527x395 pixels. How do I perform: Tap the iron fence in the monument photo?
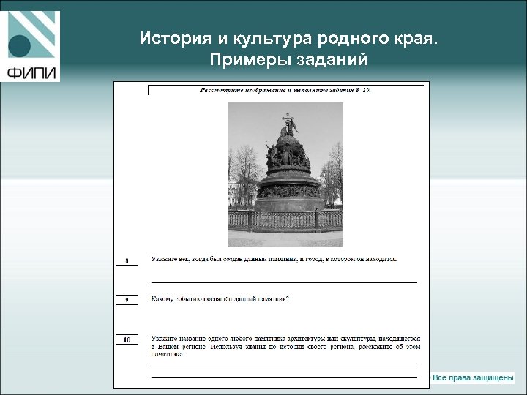click(x=285, y=219)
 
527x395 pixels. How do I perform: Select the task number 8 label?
click(x=127, y=260)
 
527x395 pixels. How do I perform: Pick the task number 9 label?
click(x=127, y=300)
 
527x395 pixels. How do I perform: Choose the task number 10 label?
click(x=127, y=340)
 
